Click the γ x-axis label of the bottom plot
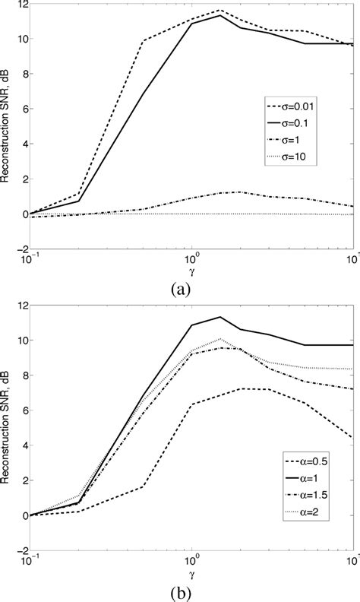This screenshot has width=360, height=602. click(191, 570)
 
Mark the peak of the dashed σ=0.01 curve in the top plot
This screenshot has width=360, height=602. click(220, 10)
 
